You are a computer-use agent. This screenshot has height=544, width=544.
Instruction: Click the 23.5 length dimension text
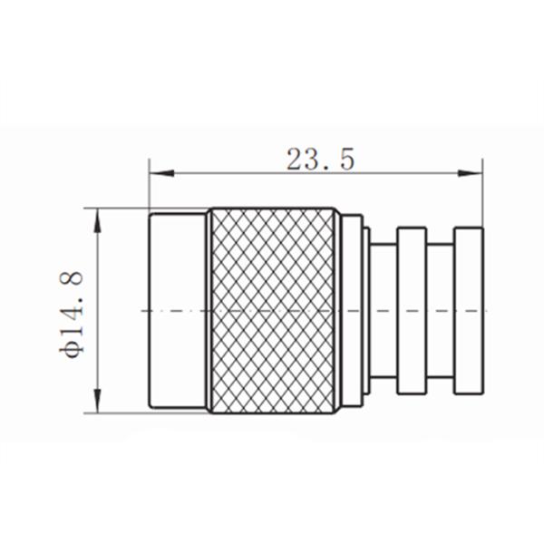click(318, 160)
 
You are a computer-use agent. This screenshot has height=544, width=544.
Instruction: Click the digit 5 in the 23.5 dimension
click(346, 160)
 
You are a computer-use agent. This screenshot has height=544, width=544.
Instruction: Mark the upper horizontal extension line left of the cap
click(118, 208)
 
